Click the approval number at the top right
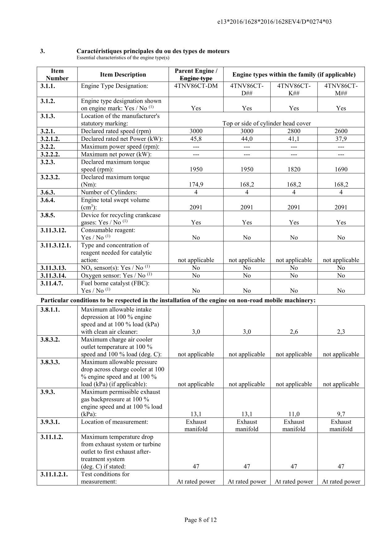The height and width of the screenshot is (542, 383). click(x=275, y=22)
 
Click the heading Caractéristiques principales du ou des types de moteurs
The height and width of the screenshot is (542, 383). click(x=153, y=51)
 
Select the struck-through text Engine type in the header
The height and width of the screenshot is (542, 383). click(x=196, y=78)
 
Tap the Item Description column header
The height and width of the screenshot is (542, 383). click(x=123, y=74)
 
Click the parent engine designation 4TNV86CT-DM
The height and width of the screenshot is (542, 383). click(x=196, y=86)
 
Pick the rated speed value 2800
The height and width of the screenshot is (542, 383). click(x=294, y=131)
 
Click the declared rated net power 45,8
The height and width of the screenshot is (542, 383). click(x=196, y=139)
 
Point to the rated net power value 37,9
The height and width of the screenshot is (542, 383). click(x=341, y=139)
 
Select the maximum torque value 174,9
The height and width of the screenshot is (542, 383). click(x=196, y=184)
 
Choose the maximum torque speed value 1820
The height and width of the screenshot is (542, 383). click(x=294, y=169)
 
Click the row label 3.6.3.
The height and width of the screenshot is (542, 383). click(x=48, y=192)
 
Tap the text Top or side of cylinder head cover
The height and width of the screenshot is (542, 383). click(x=267, y=123)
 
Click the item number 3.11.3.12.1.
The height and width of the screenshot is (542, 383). click(x=56, y=245)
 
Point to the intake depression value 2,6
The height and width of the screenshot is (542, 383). click(x=294, y=332)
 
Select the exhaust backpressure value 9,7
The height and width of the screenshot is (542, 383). click(x=341, y=414)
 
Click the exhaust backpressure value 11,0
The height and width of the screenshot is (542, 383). click(x=294, y=414)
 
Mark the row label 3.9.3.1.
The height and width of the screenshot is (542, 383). click(x=50, y=422)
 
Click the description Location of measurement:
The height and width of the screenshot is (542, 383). click(x=115, y=422)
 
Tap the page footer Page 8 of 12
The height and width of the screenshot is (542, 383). click(x=200, y=520)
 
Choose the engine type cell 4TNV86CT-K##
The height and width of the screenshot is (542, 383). click(x=294, y=89)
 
